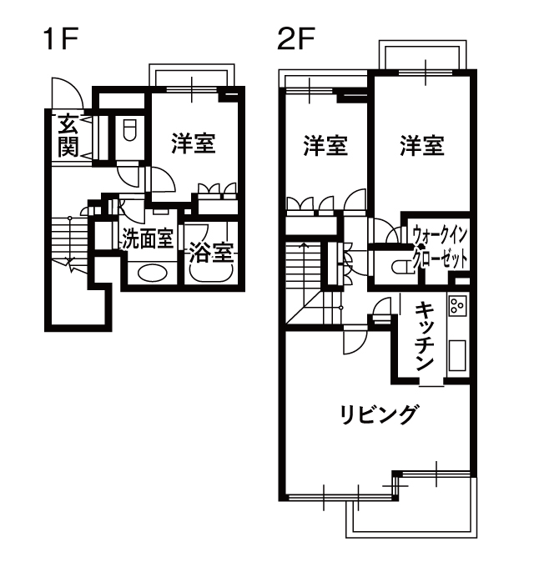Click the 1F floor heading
coord(60,39)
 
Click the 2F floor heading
coord(296,39)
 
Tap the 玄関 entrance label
coord(68,135)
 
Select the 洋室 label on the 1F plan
coord(194,143)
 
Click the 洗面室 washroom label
coord(147,239)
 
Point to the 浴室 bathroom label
coord(212,252)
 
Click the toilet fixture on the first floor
coord(129,131)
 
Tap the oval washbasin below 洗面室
coord(153,273)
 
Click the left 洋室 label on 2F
coord(325,146)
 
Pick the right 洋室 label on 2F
coord(422,146)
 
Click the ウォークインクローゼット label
coord(441,247)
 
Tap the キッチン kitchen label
coord(424,337)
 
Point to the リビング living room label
coord(378,414)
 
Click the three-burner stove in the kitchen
coord(458,306)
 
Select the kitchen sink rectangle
coord(458,355)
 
